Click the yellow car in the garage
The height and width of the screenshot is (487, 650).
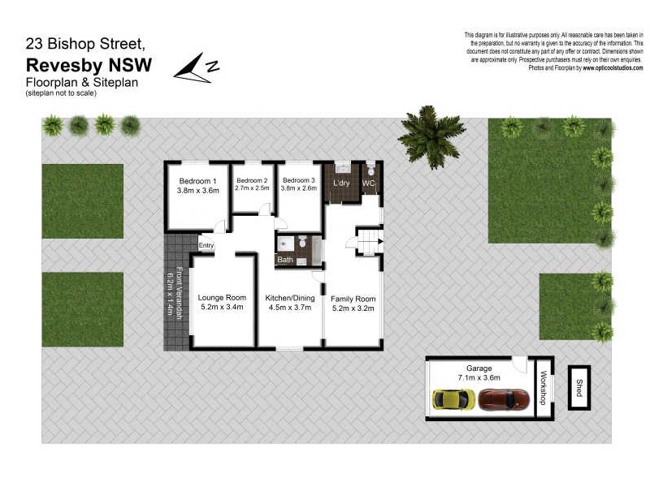point(453,399)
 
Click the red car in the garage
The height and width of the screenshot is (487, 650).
point(504,399)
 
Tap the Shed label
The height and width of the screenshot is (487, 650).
point(579,386)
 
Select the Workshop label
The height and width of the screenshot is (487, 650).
point(544,388)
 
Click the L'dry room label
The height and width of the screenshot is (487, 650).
point(341,184)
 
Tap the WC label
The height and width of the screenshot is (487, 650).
point(369,184)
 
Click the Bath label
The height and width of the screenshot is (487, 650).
point(284,260)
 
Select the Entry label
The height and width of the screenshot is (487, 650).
point(206,245)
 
